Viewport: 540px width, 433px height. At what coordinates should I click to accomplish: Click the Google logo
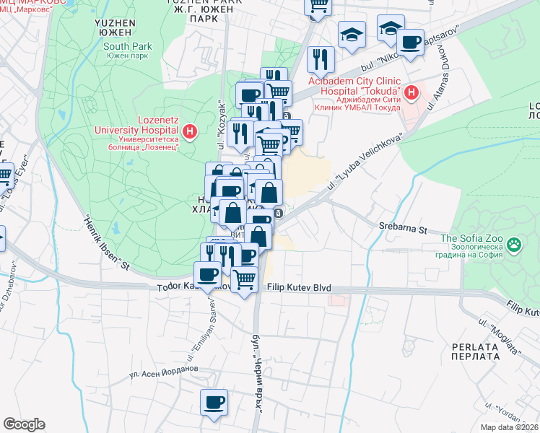pos(25,424)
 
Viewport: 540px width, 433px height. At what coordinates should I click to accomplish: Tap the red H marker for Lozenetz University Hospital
pos(190,131)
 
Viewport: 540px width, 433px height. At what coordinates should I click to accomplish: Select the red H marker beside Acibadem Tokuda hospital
pos(411,92)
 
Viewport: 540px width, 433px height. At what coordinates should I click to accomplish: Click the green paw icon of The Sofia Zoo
pos(514,245)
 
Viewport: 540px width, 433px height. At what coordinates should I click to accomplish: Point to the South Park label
pos(126,46)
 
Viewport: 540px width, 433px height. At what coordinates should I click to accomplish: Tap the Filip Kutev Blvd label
pos(299,288)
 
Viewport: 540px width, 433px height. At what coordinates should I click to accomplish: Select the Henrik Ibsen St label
pos(105,244)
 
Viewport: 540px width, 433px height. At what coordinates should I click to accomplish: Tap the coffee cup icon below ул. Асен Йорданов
pos(214,403)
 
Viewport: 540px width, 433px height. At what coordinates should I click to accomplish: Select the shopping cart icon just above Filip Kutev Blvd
pos(245,278)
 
